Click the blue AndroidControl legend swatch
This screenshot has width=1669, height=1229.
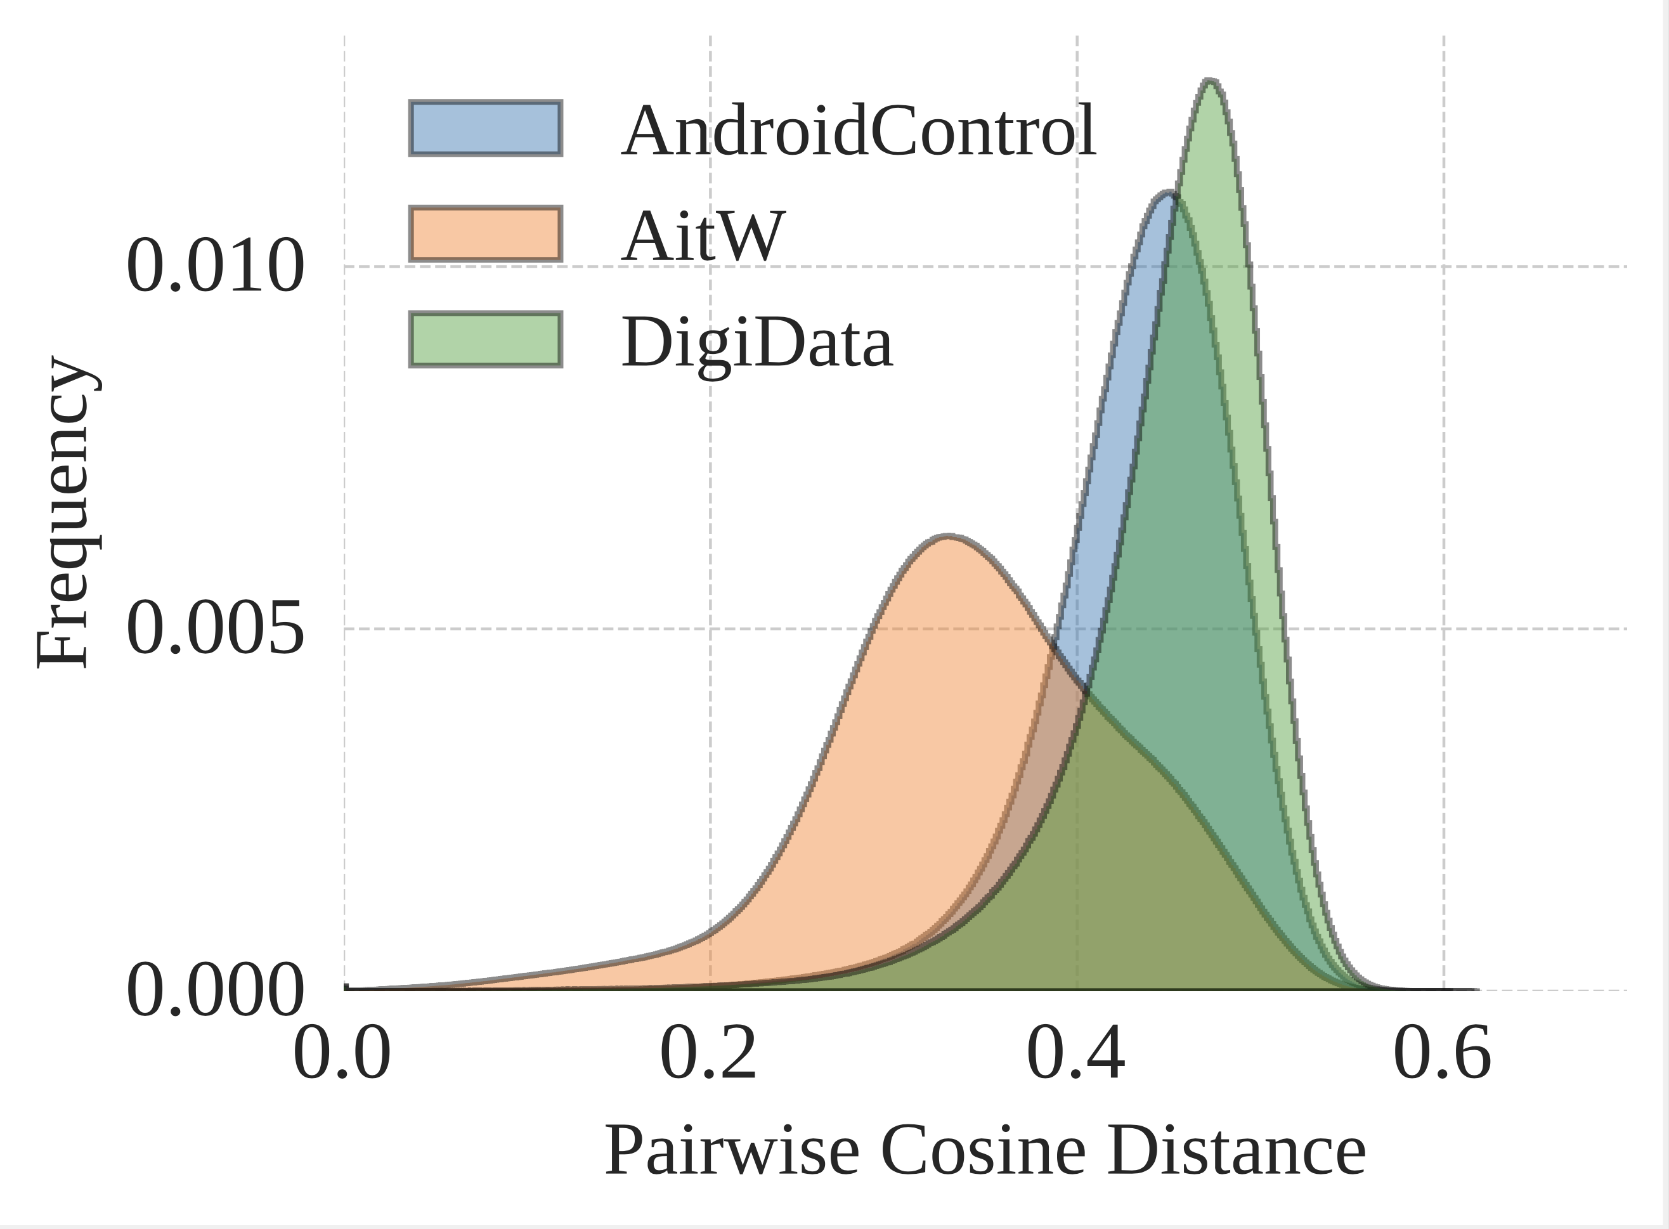point(486,128)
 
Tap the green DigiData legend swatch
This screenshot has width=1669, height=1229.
point(486,340)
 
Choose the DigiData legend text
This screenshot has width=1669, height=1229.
point(757,344)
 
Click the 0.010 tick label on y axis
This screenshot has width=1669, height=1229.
point(215,266)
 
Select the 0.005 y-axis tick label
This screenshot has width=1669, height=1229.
point(215,628)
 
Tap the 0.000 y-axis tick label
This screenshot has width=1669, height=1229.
point(215,990)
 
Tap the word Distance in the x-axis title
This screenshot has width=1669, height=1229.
point(1236,1151)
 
